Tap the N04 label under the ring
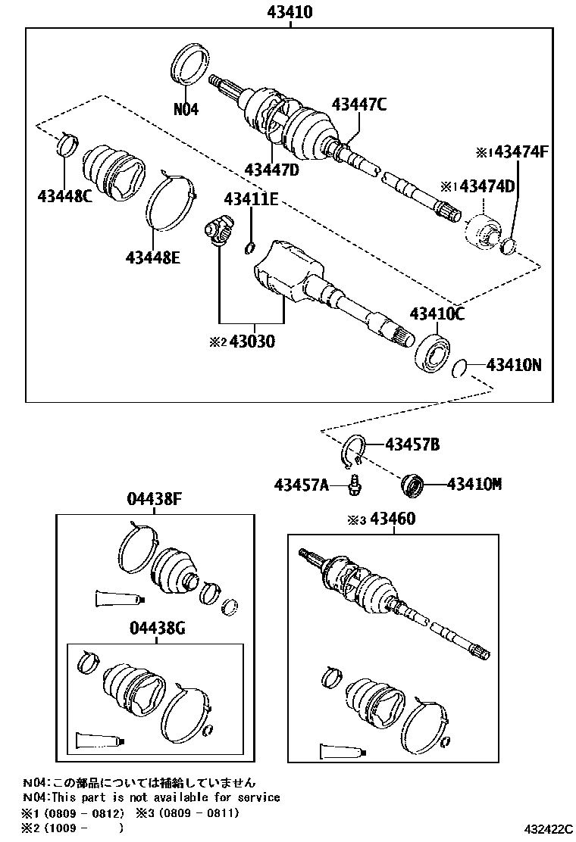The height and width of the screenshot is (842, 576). point(186,109)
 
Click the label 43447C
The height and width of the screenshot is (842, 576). point(358,105)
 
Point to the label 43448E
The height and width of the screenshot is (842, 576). point(153,258)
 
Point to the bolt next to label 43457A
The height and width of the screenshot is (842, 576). point(353,484)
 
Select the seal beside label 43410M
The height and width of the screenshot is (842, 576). point(412,484)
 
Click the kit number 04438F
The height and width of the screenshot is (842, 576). point(155,500)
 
